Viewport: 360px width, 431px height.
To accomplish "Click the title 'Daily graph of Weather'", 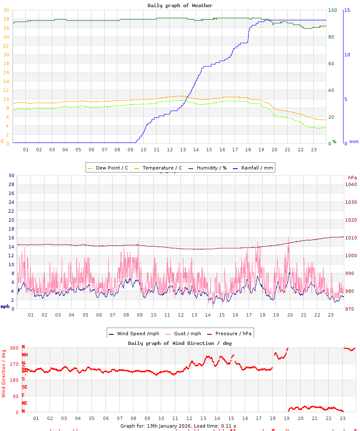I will (x=180, y=6).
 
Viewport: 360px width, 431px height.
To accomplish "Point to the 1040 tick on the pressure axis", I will (x=351, y=184).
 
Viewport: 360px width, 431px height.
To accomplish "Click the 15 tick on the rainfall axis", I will (x=347, y=10).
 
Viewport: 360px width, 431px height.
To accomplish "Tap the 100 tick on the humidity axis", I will (x=333, y=10).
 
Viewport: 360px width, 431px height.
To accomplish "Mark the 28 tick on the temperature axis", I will (x=6, y=19).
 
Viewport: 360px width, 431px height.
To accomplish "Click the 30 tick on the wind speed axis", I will (x=11, y=175).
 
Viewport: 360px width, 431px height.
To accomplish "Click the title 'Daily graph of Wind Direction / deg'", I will (x=180, y=343).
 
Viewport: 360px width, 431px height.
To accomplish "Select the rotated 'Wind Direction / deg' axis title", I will (x=4, y=373).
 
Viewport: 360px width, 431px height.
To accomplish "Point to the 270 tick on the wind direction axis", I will (x=14, y=364).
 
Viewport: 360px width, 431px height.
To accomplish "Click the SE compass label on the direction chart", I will (x=25, y=387).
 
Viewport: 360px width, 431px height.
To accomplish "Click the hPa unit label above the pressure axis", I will (x=352, y=177).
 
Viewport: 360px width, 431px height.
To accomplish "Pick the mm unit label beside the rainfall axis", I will (x=354, y=142).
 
